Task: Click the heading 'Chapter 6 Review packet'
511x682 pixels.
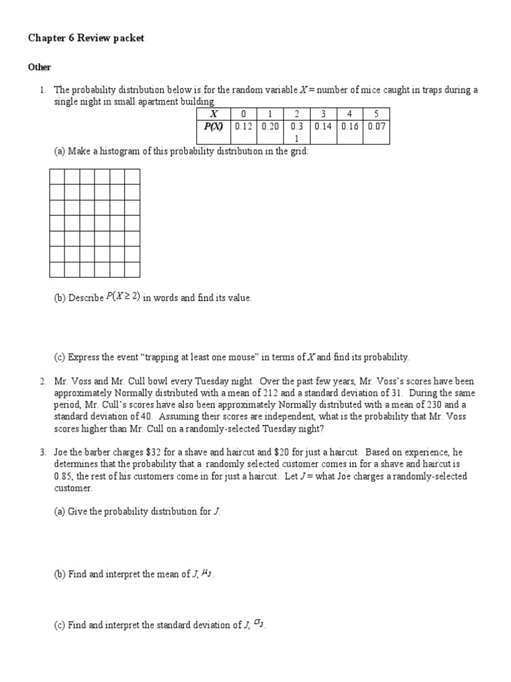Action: [x=86, y=39]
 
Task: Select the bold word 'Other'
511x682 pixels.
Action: [x=39, y=67]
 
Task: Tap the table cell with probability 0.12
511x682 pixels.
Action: [x=243, y=126]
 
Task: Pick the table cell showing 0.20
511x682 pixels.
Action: [x=269, y=126]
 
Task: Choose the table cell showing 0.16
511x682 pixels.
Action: [x=350, y=126]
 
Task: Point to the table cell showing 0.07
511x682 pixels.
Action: [x=377, y=126]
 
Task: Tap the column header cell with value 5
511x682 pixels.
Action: [x=377, y=114]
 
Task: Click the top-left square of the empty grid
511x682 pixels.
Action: [x=57, y=176]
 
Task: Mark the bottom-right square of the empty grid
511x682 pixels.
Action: [x=132, y=269]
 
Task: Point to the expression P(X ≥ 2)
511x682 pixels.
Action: [x=122, y=297]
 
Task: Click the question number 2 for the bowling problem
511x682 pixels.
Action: [x=42, y=382]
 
